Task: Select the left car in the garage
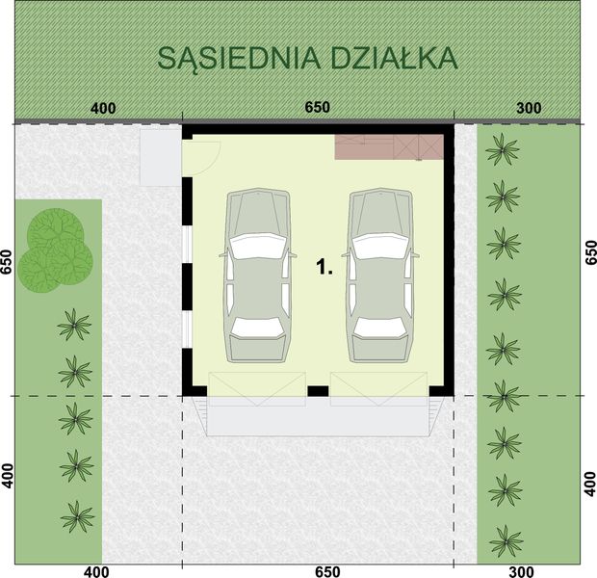click(257, 276)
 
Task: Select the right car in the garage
click(380, 276)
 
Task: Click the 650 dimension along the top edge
click(317, 108)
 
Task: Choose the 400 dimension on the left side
click(8, 476)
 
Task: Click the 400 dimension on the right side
click(590, 479)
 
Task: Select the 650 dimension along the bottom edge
click(327, 571)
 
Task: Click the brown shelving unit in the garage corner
click(388, 147)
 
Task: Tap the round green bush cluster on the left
click(58, 250)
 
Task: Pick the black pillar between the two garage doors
click(317, 391)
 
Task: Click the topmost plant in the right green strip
click(502, 149)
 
